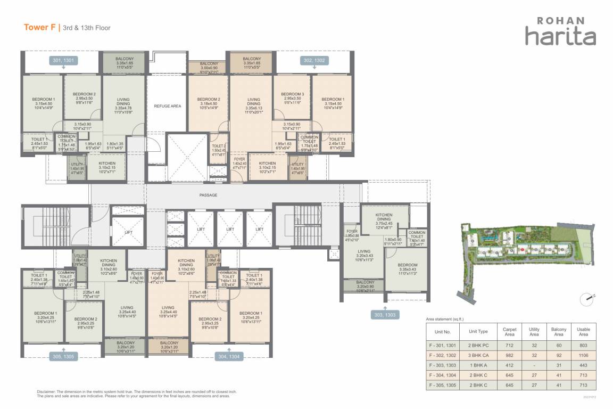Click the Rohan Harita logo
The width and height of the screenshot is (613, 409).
(x=560, y=31)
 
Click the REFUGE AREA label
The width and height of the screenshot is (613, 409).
(x=168, y=106)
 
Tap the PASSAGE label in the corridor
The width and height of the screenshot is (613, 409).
(x=208, y=195)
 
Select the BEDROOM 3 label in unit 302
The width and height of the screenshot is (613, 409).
(x=292, y=94)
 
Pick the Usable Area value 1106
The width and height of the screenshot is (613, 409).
(x=583, y=354)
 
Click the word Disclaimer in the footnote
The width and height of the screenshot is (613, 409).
(x=49, y=391)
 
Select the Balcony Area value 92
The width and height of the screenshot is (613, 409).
(x=559, y=354)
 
